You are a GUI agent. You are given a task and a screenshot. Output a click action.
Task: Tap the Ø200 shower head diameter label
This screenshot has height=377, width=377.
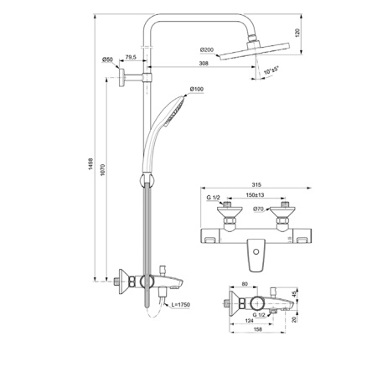pos(206,51)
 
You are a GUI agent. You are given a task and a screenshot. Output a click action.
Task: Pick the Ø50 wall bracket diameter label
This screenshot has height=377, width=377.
pos(107,59)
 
